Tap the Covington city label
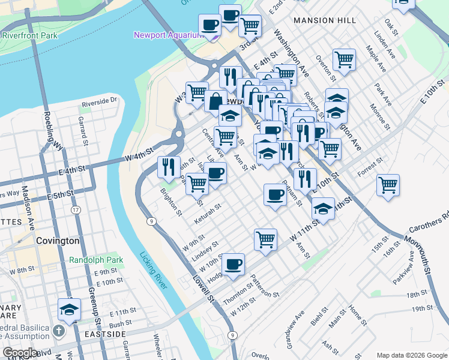[57, 241]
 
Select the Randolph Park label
[96, 260]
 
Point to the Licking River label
[152, 271]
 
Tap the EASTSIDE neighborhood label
[104, 334]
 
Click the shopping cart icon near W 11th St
[265, 239]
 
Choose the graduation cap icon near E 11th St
[70, 310]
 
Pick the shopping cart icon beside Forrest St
[388, 185]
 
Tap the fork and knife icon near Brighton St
[169, 166]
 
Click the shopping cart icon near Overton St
[345, 59]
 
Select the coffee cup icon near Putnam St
[275, 194]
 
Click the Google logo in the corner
[21, 353]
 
